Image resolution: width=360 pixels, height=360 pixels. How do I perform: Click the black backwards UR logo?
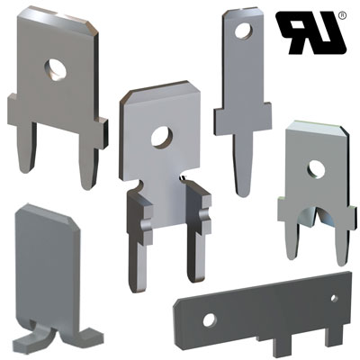coord(312,32)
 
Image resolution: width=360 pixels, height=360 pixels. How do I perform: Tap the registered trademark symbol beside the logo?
coord(342,15)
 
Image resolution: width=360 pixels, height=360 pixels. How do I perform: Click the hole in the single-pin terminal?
coord(244,31)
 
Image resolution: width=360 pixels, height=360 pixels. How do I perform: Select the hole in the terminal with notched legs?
coord(162,137)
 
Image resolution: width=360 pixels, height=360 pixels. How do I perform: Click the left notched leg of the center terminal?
coord(139,240)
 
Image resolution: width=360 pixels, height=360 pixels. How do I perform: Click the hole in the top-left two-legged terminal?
coord(56,69)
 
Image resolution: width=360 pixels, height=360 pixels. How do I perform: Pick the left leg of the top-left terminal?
coord(27,147)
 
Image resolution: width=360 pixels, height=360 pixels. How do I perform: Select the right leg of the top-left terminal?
coord(88,156)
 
